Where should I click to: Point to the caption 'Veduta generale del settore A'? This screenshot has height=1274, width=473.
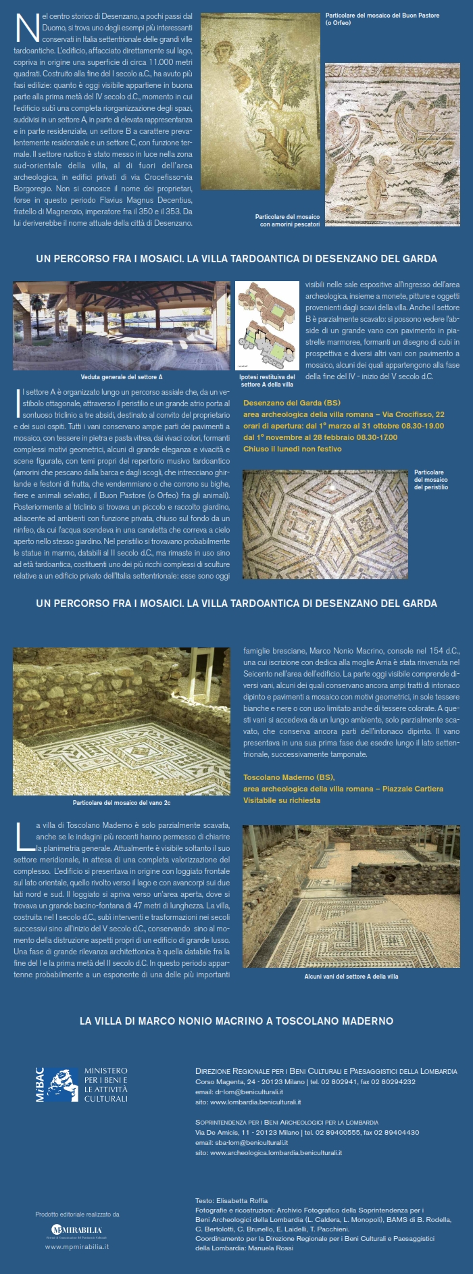pos(122,377)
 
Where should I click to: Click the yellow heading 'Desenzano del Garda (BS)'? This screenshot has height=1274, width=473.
pos(292,403)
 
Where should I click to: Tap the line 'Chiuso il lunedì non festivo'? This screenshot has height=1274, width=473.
pos(293,449)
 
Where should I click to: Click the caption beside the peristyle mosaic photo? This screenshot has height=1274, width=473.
pos(430,480)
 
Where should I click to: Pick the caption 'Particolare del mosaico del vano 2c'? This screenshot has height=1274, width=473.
pos(122,803)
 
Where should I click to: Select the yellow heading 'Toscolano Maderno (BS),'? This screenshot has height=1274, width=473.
pos(289,777)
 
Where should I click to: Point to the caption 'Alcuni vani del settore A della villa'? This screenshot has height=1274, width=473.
pos(351,977)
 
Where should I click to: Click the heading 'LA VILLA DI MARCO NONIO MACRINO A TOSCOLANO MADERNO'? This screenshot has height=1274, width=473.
pos(236,1021)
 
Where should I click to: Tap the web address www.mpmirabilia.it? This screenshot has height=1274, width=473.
pos(77,1246)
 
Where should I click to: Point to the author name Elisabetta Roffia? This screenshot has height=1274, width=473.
pos(241,1201)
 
